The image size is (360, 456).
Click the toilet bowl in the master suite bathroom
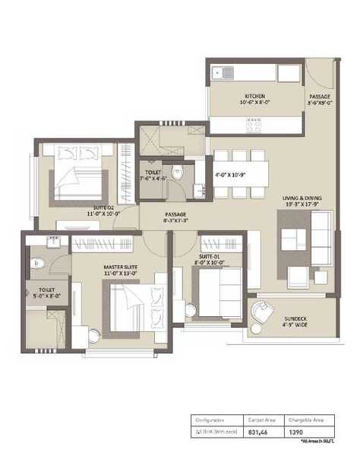tap(38, 263)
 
